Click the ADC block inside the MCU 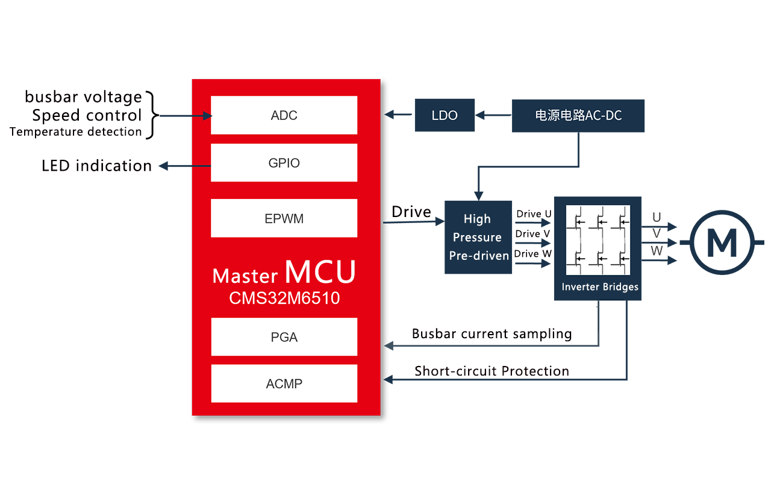pyautogui.click(x=284, y=115)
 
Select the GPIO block pyautogui.click(x=284, y=163)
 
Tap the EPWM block pyautogui.click(x=284, y=218)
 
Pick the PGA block pyautogui.click(x=284, y=337)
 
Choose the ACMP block pyautogui.click(x=284, y=383)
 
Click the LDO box pyautogui.click(x=445, y=116)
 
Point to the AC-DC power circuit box pyautogui.click(x=578, y=116)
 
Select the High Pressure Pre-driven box pyautogui.click(x=478, y=237)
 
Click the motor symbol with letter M pyautogui.click(x=722, y=242)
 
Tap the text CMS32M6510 pyautogui.click(x=284, y=298)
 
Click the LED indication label pyautogui.click(x=96, y=166)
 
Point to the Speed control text pyautogui.click(x=87, y=115)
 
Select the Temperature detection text pyautogui.click(x=76, y=132)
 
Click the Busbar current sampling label pyautogui.click(x=492, y=333)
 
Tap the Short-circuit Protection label pyautogui.click(x=492, y=371)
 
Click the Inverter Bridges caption pyautogui.click(x=600, y=287)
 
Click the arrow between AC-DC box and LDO pyautogui.click(x=492, y=115)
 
